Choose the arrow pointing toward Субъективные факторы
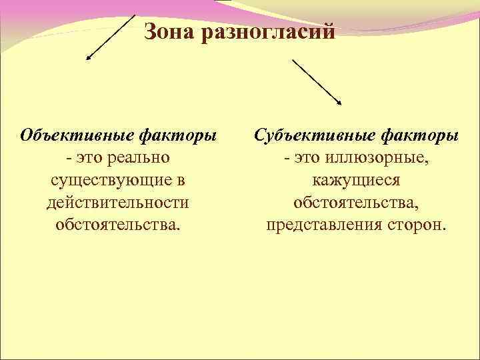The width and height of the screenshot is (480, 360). (x=316, y=81)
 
